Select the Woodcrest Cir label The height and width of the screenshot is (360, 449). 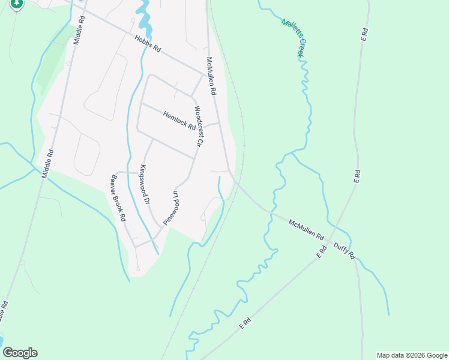(x=196, y=127)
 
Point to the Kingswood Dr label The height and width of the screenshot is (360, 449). (x=143, y=184)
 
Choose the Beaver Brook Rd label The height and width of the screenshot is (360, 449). (x=118, y=197)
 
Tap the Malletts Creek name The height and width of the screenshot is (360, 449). (x=294, y=38)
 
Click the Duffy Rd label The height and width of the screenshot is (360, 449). (x=345, y=250)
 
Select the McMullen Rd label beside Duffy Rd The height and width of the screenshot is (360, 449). (x=306, y=230)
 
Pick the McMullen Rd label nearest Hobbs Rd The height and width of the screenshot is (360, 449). (x=211, y=77)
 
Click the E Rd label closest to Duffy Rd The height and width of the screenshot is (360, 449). (x=321, y=252)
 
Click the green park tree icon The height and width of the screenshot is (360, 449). (x=17, y=4)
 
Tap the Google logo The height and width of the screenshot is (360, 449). (x=20, y=352)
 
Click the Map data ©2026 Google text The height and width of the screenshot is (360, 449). (x=411, y=355)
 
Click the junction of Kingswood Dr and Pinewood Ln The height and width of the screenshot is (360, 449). (x=163, y=226)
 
